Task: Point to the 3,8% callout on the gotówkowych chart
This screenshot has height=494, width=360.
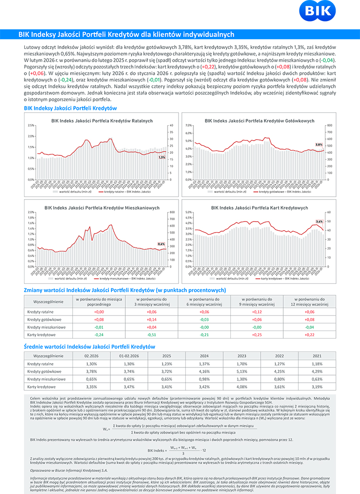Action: click(319, 144)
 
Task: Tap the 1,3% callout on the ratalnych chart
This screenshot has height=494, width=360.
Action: click(162, 157)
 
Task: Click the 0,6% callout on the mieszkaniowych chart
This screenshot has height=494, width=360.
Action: click(161, 244)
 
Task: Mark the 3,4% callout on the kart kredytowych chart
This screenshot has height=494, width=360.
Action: click(319, 222)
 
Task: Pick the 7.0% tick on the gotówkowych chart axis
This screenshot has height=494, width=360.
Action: click(189, 125)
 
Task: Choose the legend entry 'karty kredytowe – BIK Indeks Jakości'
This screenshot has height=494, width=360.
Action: click(284, 278)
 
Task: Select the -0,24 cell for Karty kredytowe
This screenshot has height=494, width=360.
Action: click(99, 334)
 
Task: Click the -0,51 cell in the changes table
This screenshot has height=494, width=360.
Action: click(152, 334)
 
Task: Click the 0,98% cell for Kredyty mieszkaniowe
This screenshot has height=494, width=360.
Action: click(204, 379)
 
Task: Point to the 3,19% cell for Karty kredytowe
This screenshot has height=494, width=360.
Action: click(317, 386)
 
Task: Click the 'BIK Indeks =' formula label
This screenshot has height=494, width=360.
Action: click(156, 451)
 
